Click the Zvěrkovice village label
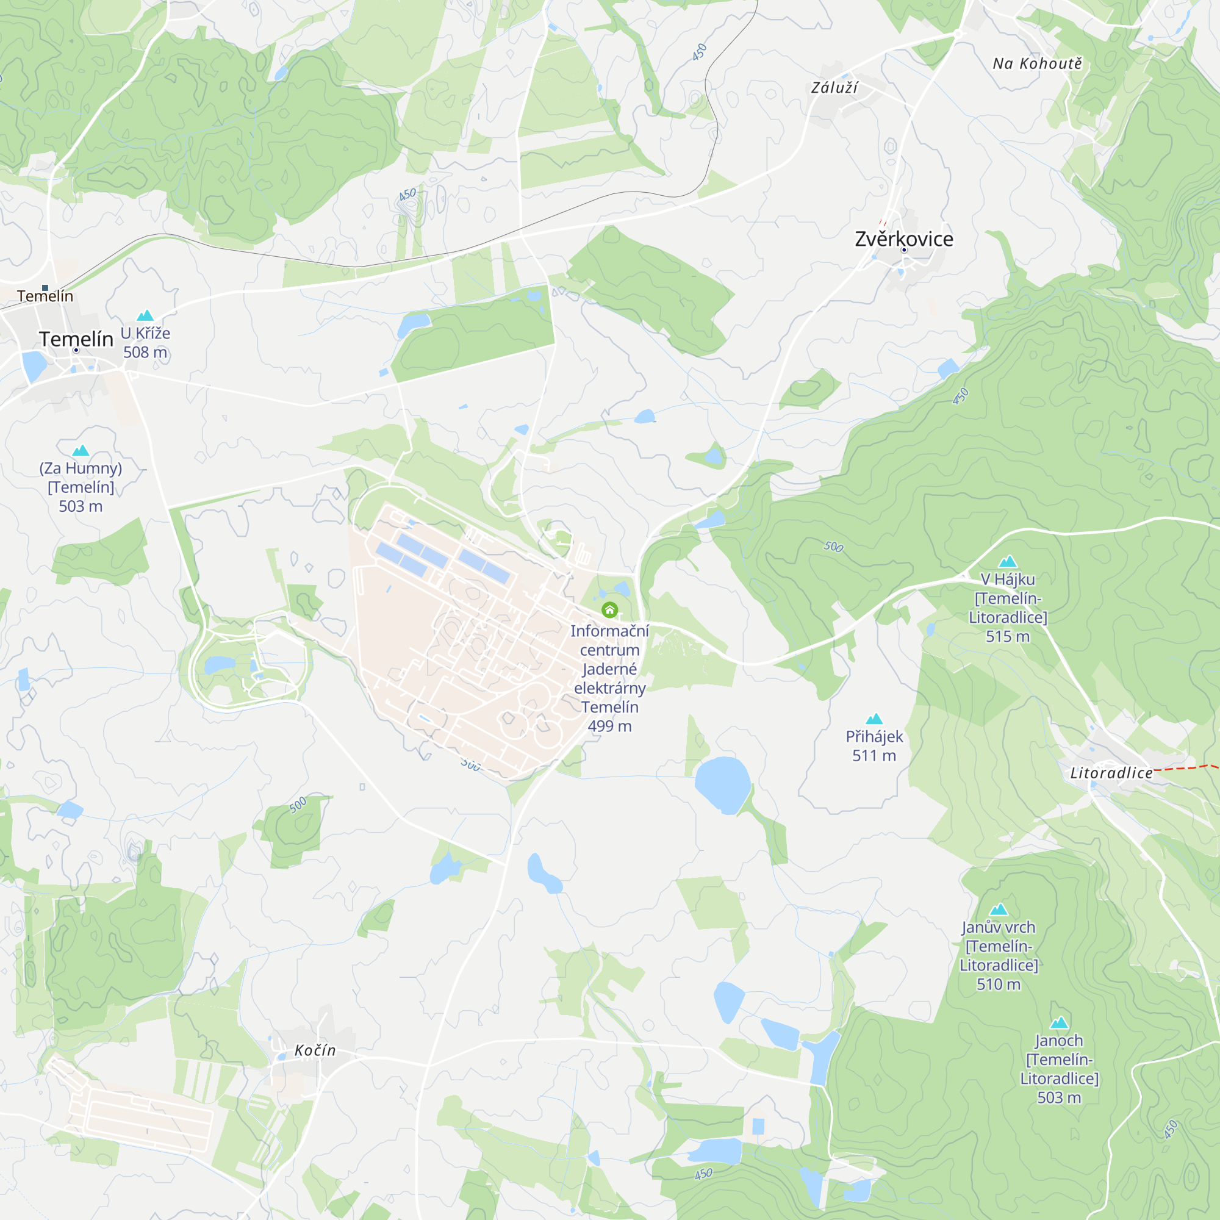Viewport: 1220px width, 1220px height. [x=903, y=239]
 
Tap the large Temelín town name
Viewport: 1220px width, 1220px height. [x=76, y=339]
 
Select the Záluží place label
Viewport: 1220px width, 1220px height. [x=834, y=88]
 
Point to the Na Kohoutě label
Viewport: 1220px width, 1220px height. [x=1037, y=63]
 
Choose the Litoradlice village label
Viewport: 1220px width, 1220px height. [x=1111, y=773]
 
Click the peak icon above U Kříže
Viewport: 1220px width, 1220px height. [x=145, y=315]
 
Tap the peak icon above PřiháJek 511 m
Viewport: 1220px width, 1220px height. [x=874, y=719]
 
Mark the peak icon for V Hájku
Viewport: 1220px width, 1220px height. [x=1008, y=561]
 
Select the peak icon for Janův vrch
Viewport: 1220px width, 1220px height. [x=999, y=910]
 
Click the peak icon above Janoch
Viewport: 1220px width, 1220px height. [x=1059, y=1022]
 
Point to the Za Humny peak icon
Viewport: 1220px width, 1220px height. [x=81, y=450]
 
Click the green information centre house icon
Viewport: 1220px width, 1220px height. [x=609, y=609]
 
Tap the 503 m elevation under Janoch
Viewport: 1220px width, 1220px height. [x=1059, y=1097]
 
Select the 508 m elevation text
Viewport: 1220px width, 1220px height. [x=145, y=353]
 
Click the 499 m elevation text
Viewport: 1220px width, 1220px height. [x=609, y=726]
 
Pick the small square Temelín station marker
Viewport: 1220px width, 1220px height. [x=45, y=288]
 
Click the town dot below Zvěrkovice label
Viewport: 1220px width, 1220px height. [x=903, y=250]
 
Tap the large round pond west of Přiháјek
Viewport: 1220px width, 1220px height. [x=722, y=785]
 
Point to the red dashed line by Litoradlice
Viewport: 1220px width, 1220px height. [x=1184, y=768]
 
